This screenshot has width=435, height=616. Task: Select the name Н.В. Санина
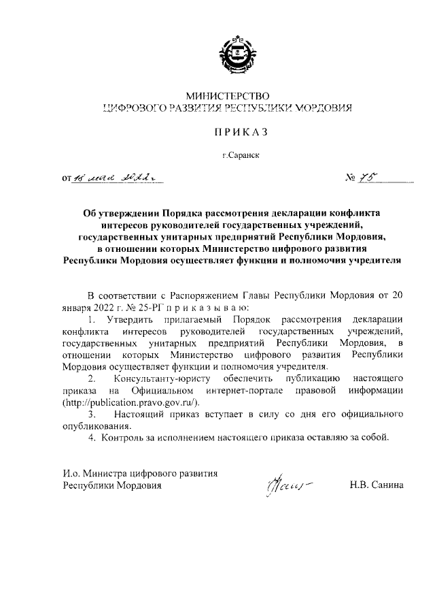[376, 485]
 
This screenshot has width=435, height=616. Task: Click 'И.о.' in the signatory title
[71, 473]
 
